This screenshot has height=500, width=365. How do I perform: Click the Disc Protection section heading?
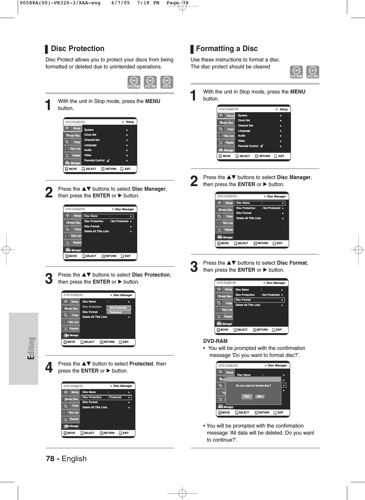(x=77, y=49)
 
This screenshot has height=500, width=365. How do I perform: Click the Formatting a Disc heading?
(x=227, y=49)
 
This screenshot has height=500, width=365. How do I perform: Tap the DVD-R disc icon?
(x=167, y=82)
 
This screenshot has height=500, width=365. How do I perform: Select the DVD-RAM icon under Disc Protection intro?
(x=134, y=82)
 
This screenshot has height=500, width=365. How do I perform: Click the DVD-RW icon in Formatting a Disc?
(x=312, y=72)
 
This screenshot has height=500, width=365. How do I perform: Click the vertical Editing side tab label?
(x=31, y=348)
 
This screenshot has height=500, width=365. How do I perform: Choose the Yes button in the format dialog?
(x=247, y=396)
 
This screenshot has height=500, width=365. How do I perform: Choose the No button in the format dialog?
(x=260, y=396)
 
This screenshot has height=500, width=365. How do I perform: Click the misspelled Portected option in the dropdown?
(x=115, y=312)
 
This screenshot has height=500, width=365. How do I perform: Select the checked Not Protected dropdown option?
(x=118, y=308)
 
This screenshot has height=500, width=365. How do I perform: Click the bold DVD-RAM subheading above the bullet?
(x=215, y=341)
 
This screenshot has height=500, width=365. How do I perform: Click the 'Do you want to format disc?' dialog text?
(x=253, y=386)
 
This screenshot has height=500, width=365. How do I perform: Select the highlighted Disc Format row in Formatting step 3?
(x=259, y=300)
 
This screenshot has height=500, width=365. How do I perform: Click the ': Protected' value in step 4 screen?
(x=115, y=397)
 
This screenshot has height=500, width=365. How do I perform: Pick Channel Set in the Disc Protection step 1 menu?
(x=92, y=140)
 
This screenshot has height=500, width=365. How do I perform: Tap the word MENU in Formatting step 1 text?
(x=298, y=92)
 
